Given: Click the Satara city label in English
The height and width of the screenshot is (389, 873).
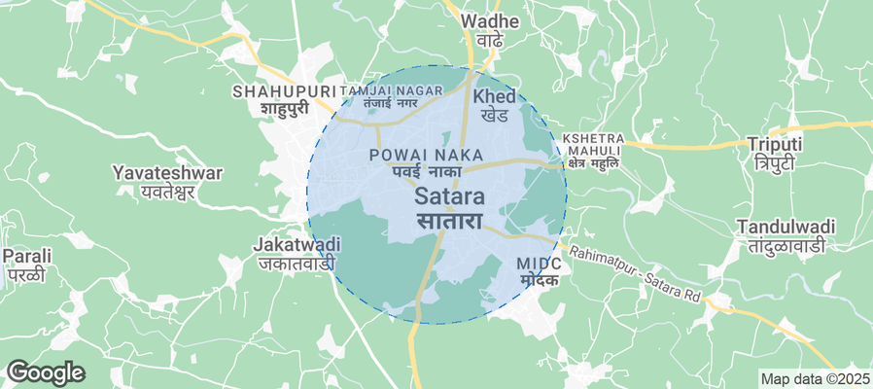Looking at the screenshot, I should (450, 195).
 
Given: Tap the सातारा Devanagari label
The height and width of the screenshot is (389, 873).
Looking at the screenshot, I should (450, 221).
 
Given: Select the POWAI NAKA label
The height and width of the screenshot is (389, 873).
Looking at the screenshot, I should (419, 155).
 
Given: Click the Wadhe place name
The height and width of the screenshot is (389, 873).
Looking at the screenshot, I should (483, 20).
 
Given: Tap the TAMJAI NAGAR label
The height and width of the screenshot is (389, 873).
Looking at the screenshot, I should (391, 90).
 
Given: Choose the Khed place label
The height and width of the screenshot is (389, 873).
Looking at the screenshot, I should (494, 97).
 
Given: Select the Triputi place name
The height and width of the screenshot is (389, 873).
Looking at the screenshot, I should (774, 144).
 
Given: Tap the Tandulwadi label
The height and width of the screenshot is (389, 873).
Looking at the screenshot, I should (786, 227).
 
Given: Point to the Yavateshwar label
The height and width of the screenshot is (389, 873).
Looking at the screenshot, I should (167, 173).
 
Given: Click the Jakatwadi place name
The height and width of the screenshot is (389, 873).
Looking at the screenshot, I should (297, 243).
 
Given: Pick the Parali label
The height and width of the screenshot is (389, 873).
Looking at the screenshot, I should (26, 256).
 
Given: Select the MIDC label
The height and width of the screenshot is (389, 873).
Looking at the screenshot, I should (539, 264).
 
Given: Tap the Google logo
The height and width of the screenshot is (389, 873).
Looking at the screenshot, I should (46, 371).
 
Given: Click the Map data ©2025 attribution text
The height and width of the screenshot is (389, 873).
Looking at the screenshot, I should (814, 378).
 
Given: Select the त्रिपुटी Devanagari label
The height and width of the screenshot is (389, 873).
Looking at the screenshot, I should (774, 162).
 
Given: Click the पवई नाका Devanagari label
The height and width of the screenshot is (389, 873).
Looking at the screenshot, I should (419, 171).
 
